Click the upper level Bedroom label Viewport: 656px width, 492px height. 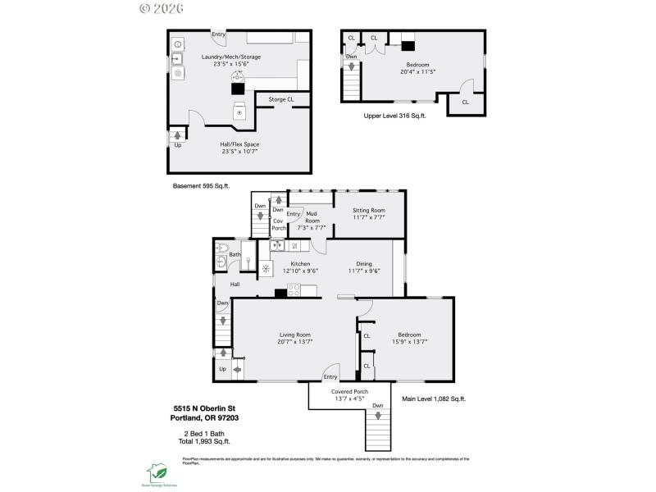pyautogui.click(x=417, y=68)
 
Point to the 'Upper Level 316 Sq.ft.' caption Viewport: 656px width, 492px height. pyautogui.click(x=394, y=116)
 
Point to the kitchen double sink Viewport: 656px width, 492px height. pyautogui.click(x=277, y=244)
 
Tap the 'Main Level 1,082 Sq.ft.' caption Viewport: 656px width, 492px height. pyautogui.click(x=433, y=399)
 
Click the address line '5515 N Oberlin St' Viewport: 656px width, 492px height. pyautogui.click(x=203, y=408)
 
